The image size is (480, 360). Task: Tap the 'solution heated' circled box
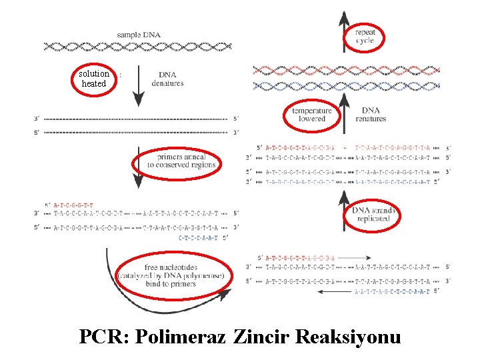pyautogui.click(x=93, y=78)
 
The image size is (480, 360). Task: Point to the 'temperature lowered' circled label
pyautogui.click(x=311, y=115)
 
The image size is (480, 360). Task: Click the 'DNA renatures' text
pyautogui.click(x=371, y=115)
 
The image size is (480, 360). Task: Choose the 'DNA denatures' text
pyautogui.click(x=167, y=79)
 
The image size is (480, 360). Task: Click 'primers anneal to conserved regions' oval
pyautogui.click(x=177, y=161)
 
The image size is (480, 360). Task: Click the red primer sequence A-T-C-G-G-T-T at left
pyautogui.click(x=73, y=205)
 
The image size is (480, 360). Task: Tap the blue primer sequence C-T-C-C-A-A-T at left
pyautogui.click(x=199, y=237)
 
